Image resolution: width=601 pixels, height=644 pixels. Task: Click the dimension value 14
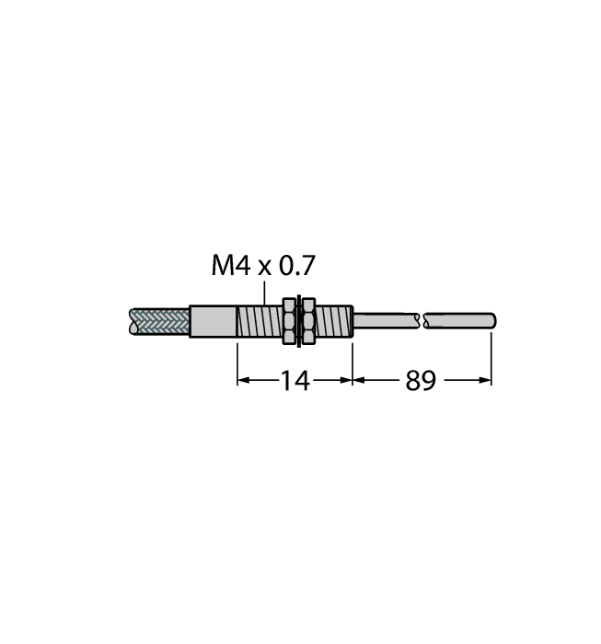[295, 381]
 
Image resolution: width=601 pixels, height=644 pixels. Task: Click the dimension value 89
[421, 381]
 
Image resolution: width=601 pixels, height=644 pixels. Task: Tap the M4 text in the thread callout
[230, 265]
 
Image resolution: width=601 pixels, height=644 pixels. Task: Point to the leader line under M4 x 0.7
[264, 293]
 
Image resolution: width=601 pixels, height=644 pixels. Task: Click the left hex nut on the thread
[289, 321]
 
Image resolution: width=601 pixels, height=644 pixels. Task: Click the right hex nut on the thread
[308, 321]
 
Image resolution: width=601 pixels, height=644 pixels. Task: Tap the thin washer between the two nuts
[299, 321]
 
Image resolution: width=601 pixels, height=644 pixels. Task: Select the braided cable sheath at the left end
[159, 321]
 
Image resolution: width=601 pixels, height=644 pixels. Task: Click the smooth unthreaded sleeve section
[214, 322]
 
